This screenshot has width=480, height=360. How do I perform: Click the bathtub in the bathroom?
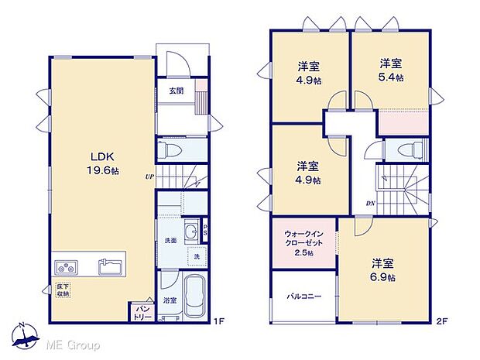[194, 297]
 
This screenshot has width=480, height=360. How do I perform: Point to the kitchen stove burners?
[65, 268]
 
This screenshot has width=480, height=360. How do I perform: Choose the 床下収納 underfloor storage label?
[63, 291]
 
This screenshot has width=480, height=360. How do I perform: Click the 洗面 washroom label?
[169, 240]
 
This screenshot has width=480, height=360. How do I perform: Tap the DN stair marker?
[371, 204]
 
